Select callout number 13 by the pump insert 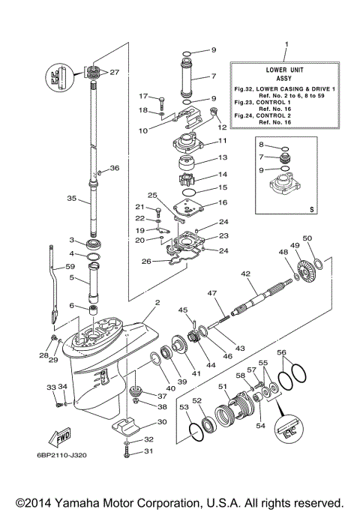pos(223,158)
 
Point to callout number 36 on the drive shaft pos(115,169)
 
